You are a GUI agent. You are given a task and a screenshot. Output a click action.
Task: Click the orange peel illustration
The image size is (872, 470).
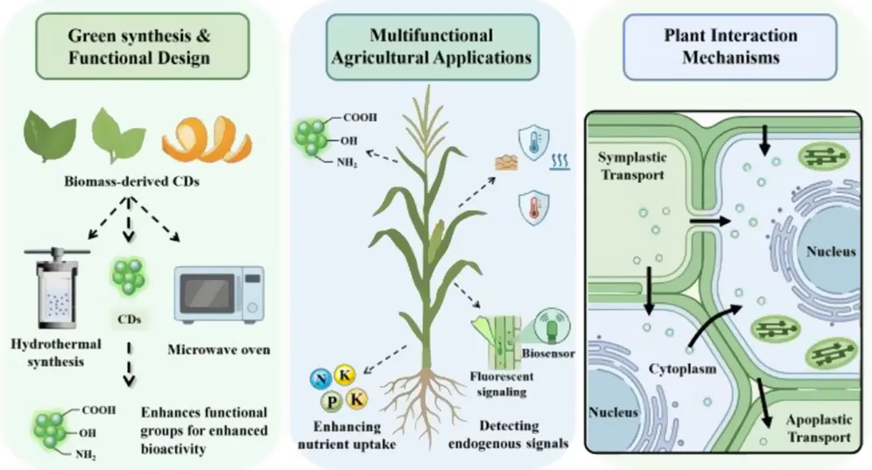click(207, 139)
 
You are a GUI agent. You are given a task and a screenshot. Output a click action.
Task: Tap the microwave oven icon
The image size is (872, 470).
click(219, 294)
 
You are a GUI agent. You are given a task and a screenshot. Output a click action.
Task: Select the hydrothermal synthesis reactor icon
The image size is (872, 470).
click(57, 288)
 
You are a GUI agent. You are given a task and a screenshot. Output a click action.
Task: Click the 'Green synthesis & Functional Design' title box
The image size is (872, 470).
click(143, 46)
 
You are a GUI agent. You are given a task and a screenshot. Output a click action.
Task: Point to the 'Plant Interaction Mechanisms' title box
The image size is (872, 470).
click(730, 46)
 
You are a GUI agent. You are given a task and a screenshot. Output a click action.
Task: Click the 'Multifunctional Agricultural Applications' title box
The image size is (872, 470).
click(432, 46)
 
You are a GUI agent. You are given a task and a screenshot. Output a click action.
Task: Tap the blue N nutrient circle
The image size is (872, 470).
click(321, 379)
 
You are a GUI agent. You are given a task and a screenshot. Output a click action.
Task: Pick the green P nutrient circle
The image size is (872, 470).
click(332, 402)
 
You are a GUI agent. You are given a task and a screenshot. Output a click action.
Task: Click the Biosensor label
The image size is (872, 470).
click(548, 354)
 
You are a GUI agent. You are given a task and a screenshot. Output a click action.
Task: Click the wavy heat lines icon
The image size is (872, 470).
click(559, 162)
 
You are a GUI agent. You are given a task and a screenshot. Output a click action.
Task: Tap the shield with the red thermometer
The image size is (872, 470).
click(534, 207)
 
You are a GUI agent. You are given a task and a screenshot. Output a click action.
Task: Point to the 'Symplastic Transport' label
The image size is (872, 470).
click(632, 165)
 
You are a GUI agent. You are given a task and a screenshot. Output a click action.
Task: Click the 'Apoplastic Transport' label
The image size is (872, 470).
click(819, 428)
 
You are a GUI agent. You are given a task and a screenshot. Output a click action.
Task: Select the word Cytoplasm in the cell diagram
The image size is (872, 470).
click(682, 368)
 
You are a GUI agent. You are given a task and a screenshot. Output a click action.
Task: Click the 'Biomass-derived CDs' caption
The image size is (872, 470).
click(131, 181)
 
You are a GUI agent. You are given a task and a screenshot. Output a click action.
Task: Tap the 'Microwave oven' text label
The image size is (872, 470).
click(219, 350)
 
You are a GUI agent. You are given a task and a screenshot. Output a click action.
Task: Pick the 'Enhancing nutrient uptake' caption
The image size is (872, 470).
click(347, 436)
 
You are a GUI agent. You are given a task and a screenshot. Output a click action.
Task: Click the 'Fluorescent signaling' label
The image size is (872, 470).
click(502, 383)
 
